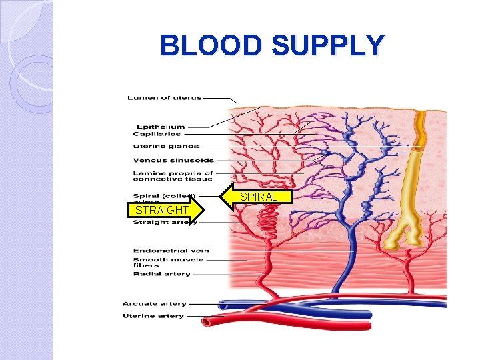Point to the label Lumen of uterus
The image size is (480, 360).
tap(165, 98)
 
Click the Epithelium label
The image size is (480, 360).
tap(161, 127)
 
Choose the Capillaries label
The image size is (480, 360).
tap(158, 134)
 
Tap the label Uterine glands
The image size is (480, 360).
tap(166, 147)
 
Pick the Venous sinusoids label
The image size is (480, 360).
tap(173, 160)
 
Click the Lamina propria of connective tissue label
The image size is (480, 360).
tap(173, 176)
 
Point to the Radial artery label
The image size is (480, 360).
tap(161, 274)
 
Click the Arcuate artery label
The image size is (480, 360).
tap(154, 304)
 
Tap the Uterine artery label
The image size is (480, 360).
tap(153, 316)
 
